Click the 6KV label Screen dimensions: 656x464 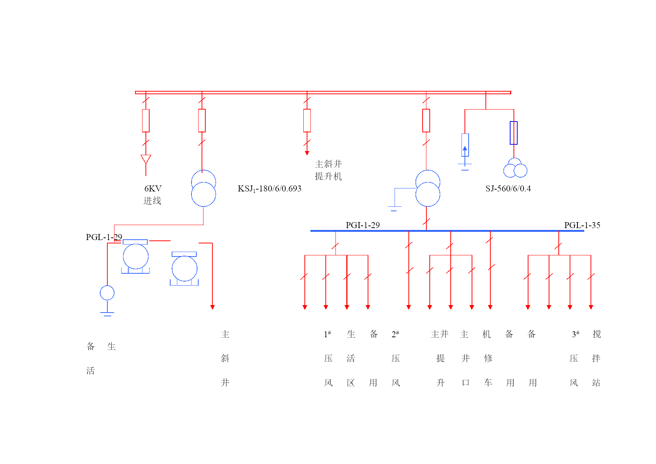153,188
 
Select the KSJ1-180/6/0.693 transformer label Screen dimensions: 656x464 269,189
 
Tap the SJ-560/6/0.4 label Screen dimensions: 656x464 508,188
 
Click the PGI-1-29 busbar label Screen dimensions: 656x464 362,225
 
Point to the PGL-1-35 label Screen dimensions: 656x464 582,225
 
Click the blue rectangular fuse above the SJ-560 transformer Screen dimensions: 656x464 514,133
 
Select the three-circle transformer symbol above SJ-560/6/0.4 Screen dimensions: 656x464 515,168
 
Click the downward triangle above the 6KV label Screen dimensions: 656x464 146,159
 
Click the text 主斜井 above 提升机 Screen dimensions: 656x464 328,164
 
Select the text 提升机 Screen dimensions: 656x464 328,176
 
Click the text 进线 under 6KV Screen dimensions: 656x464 153,201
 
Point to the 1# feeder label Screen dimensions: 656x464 327,334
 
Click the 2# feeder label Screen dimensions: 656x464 395,334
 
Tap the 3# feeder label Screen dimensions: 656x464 576,334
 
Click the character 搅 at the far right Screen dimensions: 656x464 597,334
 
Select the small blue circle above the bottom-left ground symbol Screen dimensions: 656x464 107,293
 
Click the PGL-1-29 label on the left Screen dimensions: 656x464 104,237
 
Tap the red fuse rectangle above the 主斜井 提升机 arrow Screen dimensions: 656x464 307,120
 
